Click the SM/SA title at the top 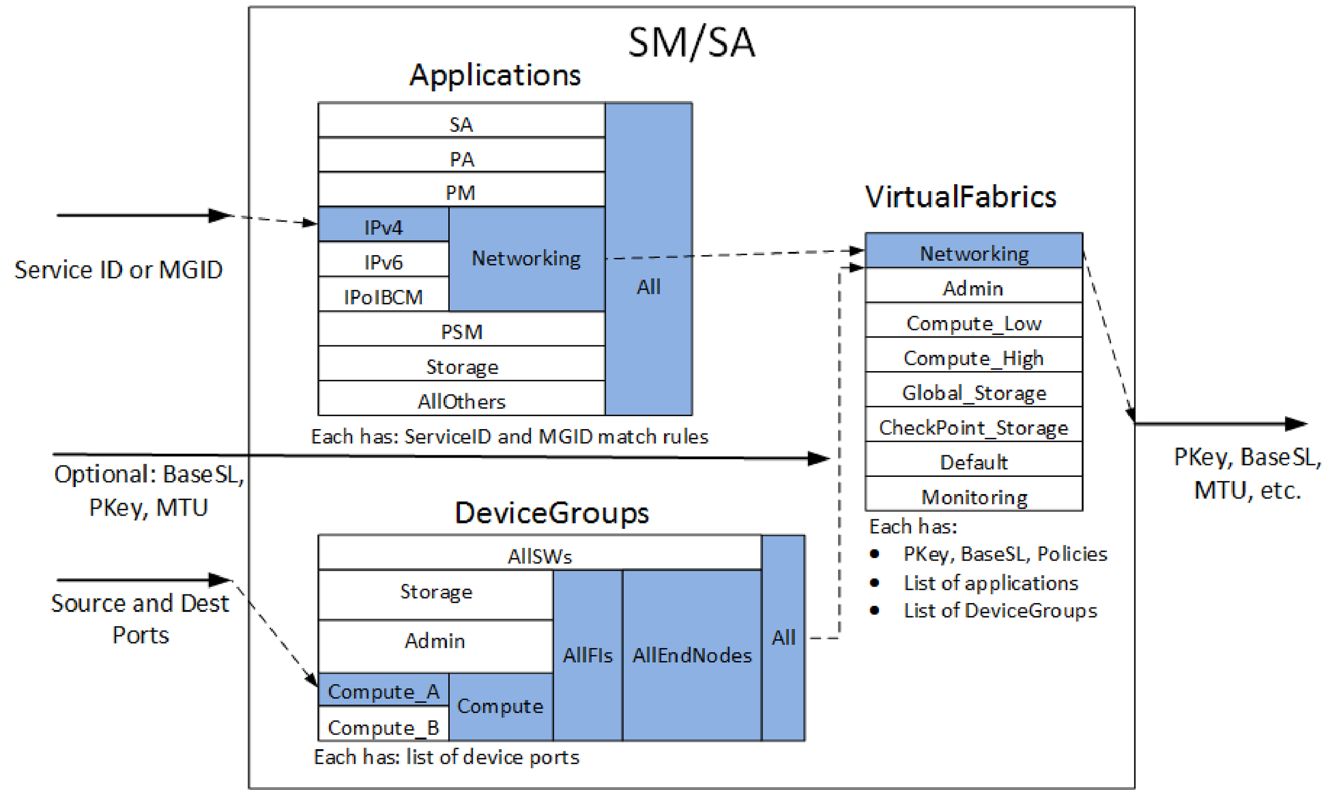691,42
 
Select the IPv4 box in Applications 383,227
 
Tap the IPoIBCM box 383,296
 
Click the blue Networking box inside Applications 526,258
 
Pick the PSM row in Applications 461,331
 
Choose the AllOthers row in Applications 461,401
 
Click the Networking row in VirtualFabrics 973,253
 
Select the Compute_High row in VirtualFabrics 973,358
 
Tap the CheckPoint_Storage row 973,427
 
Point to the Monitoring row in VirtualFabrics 973,497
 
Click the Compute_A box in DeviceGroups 383,691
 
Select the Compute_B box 383,727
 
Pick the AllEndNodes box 692,655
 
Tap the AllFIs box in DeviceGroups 587,655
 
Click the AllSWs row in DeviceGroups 539,556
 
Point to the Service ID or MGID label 118,270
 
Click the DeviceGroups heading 552,512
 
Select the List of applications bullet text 990,583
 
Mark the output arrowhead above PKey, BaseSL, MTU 1296,424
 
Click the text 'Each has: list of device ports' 446,757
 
